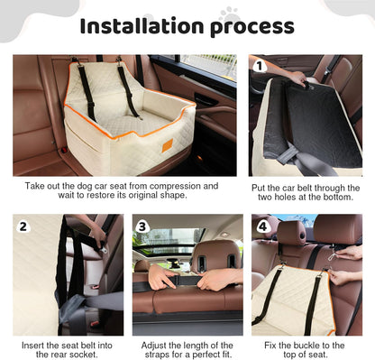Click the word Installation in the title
click(x=140, y=26)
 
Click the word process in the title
click(x=250, y=26)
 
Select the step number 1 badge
click(x=260, y=66)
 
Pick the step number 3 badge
click(x=142, y=226)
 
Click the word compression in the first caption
click(x=140, y=186)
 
